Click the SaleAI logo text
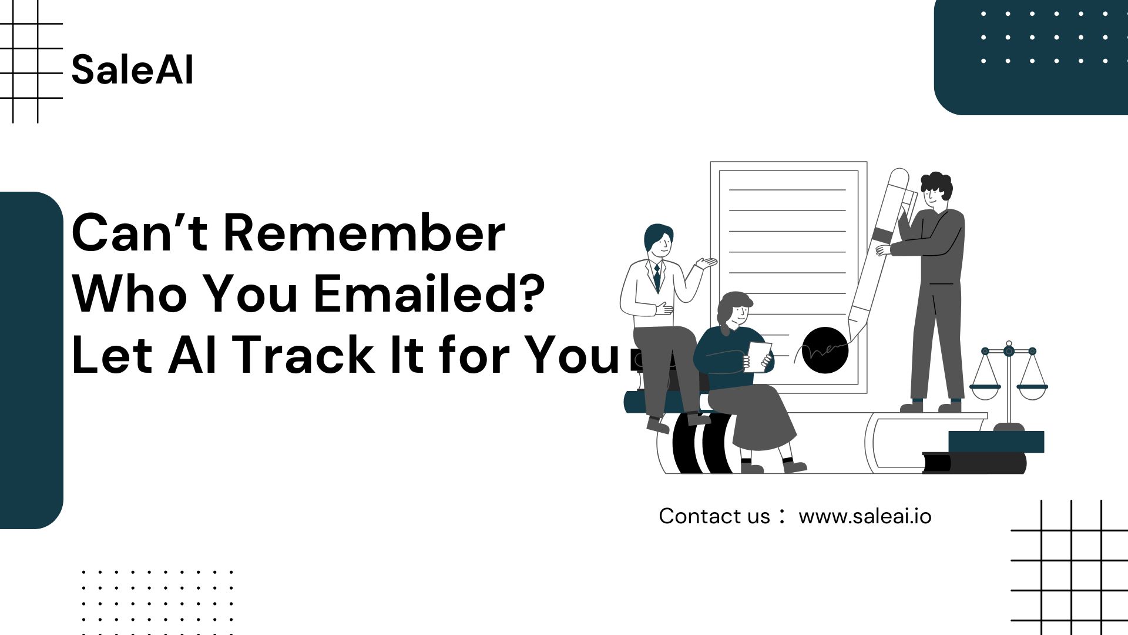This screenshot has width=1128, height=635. point(132,69)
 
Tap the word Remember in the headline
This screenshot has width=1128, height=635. point(364,233)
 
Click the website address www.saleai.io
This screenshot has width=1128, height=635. point(865,516)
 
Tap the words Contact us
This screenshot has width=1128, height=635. point(714,516)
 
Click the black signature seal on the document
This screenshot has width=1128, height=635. point(825,350)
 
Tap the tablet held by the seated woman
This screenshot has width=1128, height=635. point(758,357)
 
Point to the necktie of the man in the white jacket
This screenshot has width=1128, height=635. point(657,277)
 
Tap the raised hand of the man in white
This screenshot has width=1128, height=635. point(706,262)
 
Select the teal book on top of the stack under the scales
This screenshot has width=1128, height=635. point(996,442)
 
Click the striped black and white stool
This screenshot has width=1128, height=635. point(703,444)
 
